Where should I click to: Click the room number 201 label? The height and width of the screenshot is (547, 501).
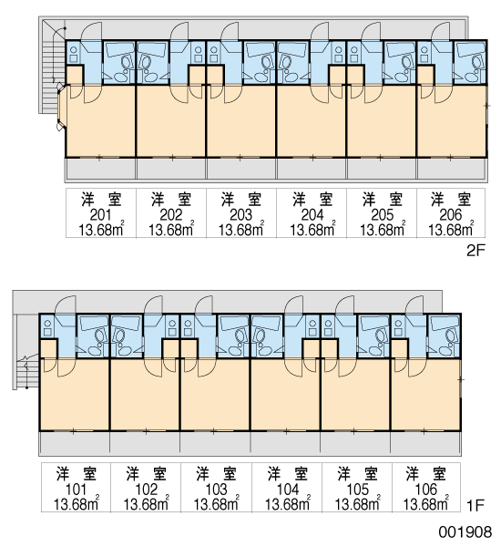tap(100, 215)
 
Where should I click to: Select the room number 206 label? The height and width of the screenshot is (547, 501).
tap(451, 215)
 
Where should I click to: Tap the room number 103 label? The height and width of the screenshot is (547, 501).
tap(216, 490)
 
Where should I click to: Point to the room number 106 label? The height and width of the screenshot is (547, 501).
tap(425, 490)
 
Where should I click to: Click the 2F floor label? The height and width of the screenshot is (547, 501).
tap(475, 250)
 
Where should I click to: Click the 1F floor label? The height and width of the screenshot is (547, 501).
tap(475, 505)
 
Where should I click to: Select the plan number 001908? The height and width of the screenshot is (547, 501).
tap(465, 532)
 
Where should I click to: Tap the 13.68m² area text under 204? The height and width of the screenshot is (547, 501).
tap(312, 229)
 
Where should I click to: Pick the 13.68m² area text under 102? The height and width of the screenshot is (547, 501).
tap(146, 503)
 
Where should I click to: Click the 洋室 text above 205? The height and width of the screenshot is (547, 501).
tap(383, 200)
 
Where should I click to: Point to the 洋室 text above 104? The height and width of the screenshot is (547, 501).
tap(288, 474)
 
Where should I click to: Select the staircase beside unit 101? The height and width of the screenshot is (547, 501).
tap(26, 370)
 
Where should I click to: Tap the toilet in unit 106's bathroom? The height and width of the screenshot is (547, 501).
tap(449, 337)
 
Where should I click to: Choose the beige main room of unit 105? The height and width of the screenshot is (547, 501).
tap(355, 395)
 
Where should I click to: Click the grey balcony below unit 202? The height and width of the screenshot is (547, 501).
tap(171, 170)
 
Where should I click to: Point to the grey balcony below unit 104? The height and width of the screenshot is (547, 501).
tap(285, 443)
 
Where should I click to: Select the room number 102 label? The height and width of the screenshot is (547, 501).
tap(146, 490)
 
